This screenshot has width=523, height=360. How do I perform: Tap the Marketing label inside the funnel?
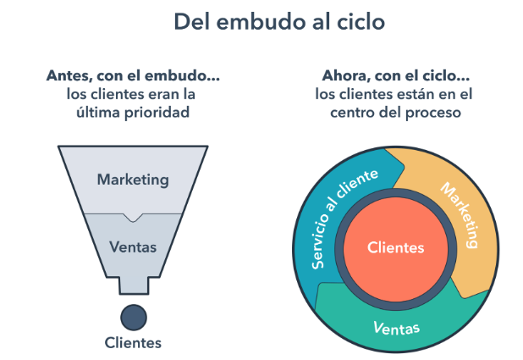point(133,180)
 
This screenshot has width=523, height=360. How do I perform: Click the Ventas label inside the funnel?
point(133,249)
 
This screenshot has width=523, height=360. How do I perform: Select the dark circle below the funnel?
point(134,316)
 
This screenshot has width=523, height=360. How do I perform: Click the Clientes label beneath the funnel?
point(133,343)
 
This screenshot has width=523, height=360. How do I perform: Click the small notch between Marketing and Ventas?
point(133,217)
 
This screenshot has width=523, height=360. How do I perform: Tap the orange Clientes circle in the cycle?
point(396,247)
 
